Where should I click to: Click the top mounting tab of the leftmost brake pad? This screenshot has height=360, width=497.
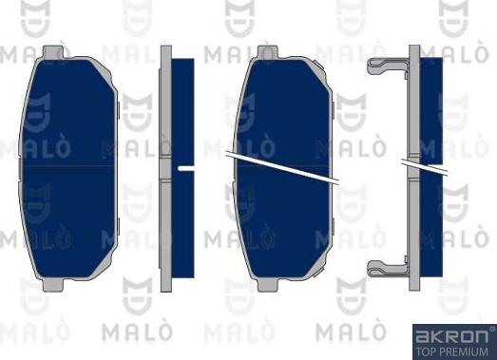(53, 52)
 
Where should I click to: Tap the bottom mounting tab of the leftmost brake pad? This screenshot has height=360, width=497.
(53, 285)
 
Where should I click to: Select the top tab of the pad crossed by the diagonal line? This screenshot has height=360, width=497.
(268, 52)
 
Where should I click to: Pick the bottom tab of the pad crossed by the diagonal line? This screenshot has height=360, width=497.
(268, 285)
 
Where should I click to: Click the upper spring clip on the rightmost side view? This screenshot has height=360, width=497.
(388, 66)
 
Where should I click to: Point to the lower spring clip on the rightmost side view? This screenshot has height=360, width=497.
(388, 268)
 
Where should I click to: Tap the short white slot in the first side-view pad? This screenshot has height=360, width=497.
(186, 168)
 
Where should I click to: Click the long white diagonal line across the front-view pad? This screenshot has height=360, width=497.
(282, 167)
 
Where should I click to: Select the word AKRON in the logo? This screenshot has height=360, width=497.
(451, 336)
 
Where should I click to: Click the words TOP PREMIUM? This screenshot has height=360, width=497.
(451, 351)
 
